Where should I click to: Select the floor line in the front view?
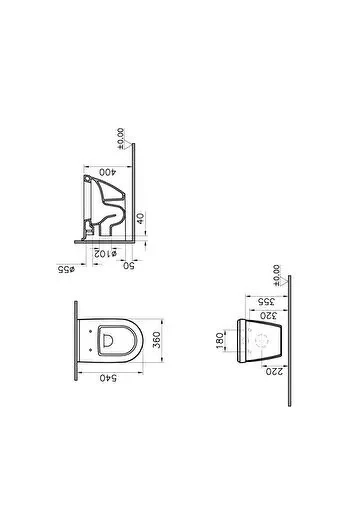coord(289,340)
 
